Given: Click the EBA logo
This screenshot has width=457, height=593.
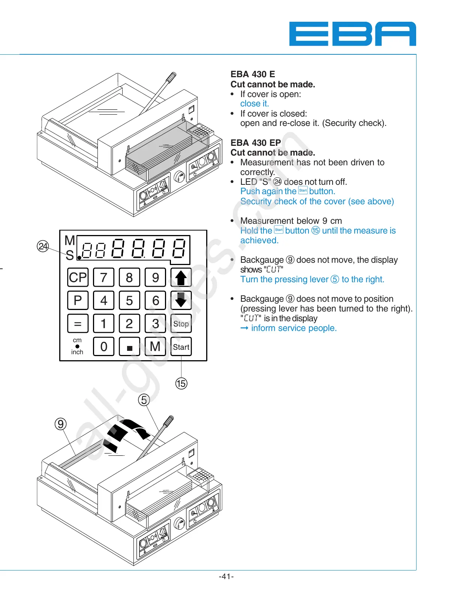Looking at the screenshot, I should pyautogui.click(x=352, y=34).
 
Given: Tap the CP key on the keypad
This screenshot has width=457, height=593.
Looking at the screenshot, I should pyautogui.click(x=78, y=277).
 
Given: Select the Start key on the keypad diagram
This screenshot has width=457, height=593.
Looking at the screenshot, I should pyautogui.click(x=181, y=347).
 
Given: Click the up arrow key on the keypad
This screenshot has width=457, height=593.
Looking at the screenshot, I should pyautogui.click(x=181, y=277).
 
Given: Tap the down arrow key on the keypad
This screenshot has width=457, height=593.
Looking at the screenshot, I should pyautogui.click(x=181, y=300).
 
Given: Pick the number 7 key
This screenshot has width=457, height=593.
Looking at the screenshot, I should pyautogui.click(x=104, y=277).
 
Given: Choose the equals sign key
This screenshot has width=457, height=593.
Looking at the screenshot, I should pyautogui.click(x=78, y=323).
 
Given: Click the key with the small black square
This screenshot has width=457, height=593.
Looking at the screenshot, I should pyautogui.click(x=129, y=347).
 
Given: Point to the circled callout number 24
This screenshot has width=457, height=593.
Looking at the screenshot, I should pyautogui.click(x=43, y=246).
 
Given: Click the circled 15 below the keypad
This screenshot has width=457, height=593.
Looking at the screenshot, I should pyautogui.click(x=181, y=383).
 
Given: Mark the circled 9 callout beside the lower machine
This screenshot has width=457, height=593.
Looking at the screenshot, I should pyautogui.click(x=60, y=424).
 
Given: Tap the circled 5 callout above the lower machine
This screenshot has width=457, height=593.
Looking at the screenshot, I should pyautogui.click(x=144, y=400).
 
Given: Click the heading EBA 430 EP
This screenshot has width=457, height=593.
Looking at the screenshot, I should pyautogui.click(x=256, y=143).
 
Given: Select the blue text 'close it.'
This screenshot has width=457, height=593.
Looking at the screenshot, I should pyautogui.click(x=255, y=103).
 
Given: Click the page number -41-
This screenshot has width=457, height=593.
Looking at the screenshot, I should pyautogui.click(x=226, y=577).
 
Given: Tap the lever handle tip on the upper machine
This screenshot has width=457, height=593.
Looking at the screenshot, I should pyautogui.click(x=172, y=76).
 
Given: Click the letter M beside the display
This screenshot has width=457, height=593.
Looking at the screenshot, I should pyautogui.click(x=70, y=240).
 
